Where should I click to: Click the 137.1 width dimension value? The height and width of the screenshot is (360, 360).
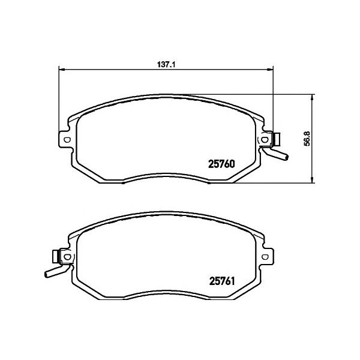pyautogui.click(x=166, y=65)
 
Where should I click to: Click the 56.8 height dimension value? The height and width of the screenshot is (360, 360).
pyautogui.click(x=307, y=138)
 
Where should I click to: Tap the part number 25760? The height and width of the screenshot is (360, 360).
pyautogui.click(x=221, y=164)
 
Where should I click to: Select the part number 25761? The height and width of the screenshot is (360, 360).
pyautogui.click(x=222, y=281)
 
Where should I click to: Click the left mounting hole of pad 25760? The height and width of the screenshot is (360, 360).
pyautogui.click(x=67, y=140)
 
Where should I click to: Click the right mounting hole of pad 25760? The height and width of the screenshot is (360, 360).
pyautogui.click(x=265, y=139)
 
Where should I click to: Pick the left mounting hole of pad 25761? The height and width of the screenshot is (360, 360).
pyautogui.click(x=67, y=257)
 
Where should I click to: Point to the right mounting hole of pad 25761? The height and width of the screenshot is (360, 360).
pyautogui.click(x=265, y=257)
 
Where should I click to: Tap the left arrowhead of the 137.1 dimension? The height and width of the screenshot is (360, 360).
pyautogui.click(x=62, y=69)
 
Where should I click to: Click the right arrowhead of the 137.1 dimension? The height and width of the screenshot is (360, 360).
pyautogui.click(x=270, y=69)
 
